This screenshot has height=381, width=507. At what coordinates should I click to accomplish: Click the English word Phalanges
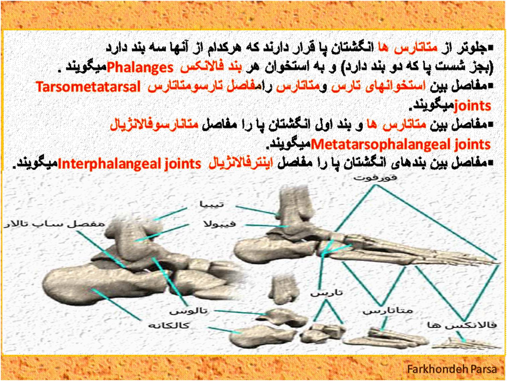coord(140,68)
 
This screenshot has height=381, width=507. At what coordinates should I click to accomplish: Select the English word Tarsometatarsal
coord(88,87)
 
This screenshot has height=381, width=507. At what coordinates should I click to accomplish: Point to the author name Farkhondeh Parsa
coord(452,369)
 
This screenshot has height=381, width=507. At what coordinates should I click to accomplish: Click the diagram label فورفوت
coord(376,178)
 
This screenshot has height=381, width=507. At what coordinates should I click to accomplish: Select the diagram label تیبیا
coord(212,204)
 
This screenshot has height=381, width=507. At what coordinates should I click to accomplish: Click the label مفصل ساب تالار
coord(54,224)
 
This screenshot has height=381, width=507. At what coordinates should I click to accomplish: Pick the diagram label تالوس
coord(189,311)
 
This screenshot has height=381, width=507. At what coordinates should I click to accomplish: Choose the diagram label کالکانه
coord(169,326)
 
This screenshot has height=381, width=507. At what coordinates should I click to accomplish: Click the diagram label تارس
coord(327,293)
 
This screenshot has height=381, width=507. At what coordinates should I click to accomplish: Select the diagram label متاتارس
coord(387,311)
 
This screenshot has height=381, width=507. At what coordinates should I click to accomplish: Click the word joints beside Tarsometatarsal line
coord(473,106)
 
